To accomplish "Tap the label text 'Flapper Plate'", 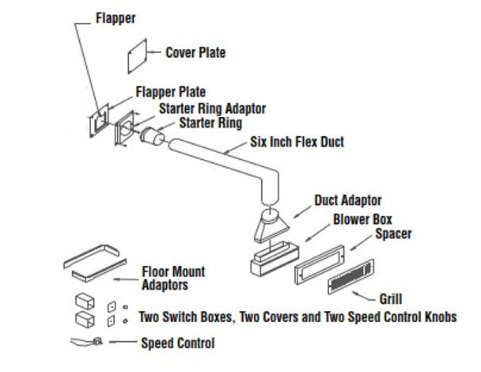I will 170,93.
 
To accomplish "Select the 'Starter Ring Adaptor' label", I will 212,108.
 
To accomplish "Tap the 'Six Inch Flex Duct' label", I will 297,143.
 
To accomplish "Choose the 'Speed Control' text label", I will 177,343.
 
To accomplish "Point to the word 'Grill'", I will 390,299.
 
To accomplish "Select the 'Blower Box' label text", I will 363,218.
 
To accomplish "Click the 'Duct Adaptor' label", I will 348,201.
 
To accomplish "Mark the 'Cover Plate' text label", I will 195,53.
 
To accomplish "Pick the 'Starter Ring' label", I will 210,123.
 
